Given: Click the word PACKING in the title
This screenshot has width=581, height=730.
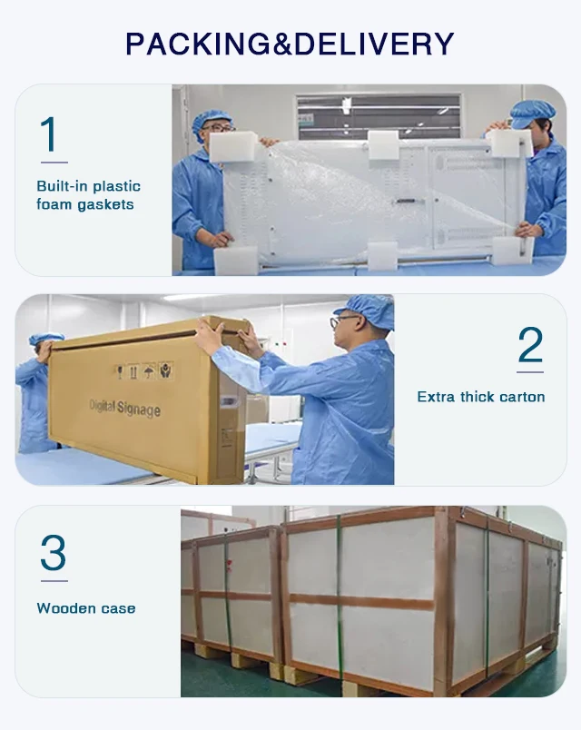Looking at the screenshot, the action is [197, 44].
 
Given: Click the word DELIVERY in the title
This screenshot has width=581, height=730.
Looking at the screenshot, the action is [374, 44].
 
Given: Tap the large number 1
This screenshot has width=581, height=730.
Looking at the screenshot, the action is [50, 134].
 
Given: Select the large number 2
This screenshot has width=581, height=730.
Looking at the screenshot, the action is [530, 344].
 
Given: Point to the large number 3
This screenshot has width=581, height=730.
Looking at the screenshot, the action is [53, 553].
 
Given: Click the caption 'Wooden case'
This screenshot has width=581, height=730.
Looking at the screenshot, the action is [86, 608].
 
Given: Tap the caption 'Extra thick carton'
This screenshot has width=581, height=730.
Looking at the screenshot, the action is [481, 397].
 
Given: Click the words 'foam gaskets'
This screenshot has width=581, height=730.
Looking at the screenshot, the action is [85, 204].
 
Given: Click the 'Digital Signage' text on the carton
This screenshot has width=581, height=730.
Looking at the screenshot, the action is [124, 408].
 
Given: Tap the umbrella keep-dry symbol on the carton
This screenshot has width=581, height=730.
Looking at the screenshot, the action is [149, 371].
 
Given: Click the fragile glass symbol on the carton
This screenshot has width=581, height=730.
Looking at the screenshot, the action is [120, 372].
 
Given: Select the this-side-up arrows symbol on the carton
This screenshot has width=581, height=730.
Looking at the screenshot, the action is [134, 371].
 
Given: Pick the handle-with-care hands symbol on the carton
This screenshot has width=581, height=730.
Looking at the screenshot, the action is [166, 370].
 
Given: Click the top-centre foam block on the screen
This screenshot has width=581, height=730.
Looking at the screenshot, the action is [383, 144].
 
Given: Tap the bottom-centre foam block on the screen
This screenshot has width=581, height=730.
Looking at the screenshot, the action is [383, 256].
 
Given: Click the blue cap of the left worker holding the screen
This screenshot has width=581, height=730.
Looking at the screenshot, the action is [211, 119].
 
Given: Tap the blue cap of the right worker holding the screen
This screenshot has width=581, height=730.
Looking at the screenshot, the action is [532, 113].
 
